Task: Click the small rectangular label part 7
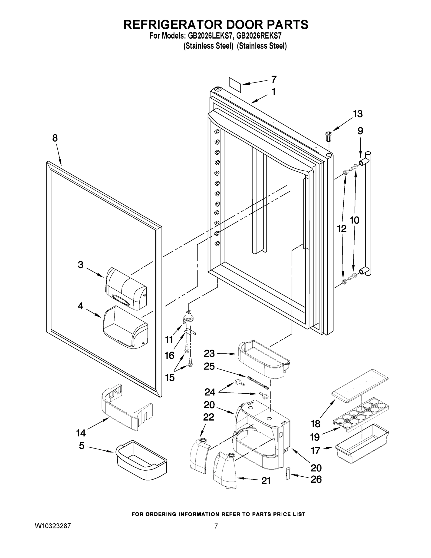point(235,85)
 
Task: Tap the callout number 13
point(358,114)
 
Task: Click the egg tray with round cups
point(361,414)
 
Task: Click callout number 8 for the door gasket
point(55,138)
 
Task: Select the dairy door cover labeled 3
point(126,289)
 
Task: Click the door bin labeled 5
point(141,460)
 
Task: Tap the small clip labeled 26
point(288,473)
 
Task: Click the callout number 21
point(266,481)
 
